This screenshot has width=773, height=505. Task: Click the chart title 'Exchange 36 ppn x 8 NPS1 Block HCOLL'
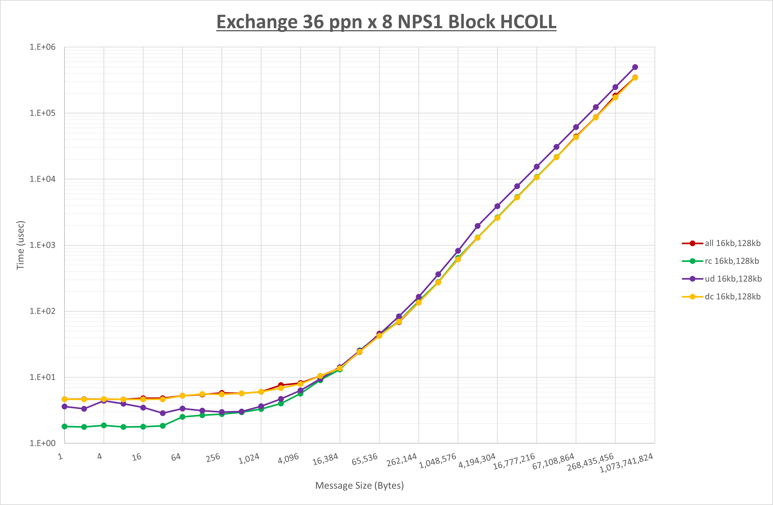coord(386,22)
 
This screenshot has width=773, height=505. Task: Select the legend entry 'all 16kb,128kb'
coord(732,243)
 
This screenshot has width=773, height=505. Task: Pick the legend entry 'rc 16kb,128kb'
coord(731,261)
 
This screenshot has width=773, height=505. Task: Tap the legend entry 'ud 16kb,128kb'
coord(733,279)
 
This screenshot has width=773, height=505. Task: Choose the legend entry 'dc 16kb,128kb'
coord(732,296)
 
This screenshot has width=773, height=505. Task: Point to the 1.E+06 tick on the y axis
coord(43,47)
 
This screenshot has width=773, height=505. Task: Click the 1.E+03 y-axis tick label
coord(43,245)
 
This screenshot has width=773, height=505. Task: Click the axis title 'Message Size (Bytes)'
coord(359,485)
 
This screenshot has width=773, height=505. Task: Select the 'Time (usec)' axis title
coord(20,245)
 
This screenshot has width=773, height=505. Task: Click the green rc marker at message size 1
coord(65,426)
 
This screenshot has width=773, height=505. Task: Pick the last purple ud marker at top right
coord(635,67)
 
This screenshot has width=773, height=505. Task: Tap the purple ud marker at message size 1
coord(65,407)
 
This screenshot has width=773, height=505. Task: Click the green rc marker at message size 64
coord(183,417)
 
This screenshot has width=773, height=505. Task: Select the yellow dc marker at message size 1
coord(65,399)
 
